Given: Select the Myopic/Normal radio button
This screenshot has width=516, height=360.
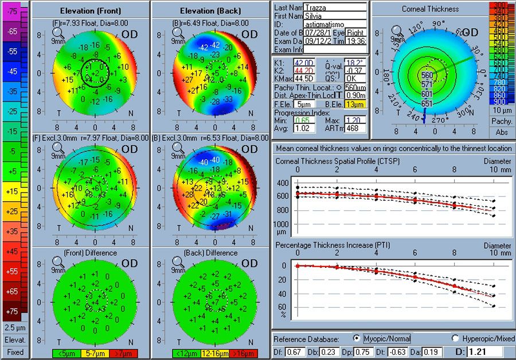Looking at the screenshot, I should coord(357,338).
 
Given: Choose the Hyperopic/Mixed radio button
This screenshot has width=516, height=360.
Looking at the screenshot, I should coord(456,338).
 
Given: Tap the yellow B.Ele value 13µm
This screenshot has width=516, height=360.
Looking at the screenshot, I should coord(355,104).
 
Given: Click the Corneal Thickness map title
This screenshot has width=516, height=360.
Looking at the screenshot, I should coord(430,9).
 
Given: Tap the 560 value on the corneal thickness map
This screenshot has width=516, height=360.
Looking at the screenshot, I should coord(427,75).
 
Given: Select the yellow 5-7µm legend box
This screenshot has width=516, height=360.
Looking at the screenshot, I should coord(91,353).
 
